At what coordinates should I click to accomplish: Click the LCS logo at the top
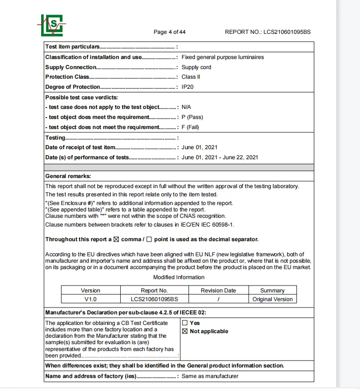[x=51, y=25]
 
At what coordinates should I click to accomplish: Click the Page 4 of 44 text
[x=170, y=32]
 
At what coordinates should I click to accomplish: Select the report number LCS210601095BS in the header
[x=287, y=32]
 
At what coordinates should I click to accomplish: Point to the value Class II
[x=191, y=77]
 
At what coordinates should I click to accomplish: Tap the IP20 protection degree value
[x=189, y=87]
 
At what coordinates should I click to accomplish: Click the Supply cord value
[x=196, y=67]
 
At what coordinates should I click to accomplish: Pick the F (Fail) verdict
[x=190, y=127]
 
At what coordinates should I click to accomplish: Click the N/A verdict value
[x=186, y=107]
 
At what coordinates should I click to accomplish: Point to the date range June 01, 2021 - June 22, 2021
[x=220, y=157]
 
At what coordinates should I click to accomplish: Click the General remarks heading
[x=68, y=176]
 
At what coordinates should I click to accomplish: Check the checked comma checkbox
[x=116, y=239]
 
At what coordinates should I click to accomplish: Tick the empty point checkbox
[x=149, y=239]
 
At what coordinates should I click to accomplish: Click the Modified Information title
[x=179, y=277]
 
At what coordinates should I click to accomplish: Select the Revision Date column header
[x=218, y=291]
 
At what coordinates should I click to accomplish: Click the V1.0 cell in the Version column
[x=91, y=299]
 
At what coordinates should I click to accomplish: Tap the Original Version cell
[x=272, y=299]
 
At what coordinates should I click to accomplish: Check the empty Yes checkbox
[x=185, y=323]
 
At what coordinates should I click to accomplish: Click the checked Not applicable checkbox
[x=185, y=331]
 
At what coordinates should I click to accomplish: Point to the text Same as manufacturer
[x=210, y=376]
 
